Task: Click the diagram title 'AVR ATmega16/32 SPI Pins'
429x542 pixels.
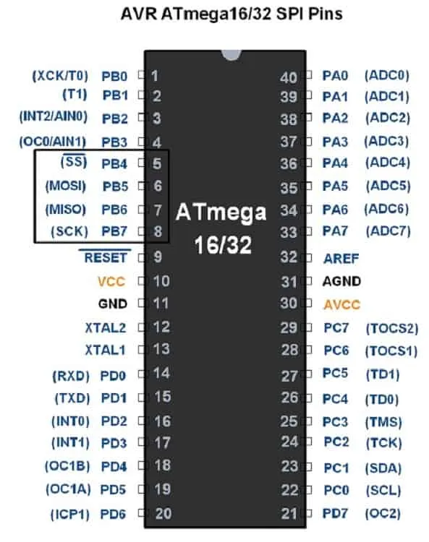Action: [x=232, y=14]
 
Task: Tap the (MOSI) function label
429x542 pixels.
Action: [x=66, y=186]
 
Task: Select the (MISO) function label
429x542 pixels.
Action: [x=66, y=209]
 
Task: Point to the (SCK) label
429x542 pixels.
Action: [x=69, y=231]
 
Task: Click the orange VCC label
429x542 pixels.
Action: [x=111, y=282]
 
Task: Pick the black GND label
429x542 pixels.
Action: [x=113, y=304]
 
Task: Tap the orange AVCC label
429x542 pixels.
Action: [x=341, y=304]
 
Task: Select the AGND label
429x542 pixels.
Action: [x=341, y=281]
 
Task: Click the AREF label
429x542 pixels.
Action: [x=341, y=259]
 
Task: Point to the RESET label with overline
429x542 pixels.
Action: [x=106, y=257]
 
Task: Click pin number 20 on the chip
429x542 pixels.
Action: [x=163, y=514]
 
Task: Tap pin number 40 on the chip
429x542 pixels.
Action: [x=289, y=78]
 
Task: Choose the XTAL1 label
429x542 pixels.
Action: [x=105, y=350]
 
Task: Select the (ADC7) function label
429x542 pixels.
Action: [x=388, y=231]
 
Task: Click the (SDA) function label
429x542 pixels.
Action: [x=383, y=468]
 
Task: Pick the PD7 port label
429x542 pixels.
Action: [x=335, y=513]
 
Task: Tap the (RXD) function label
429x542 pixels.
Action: [x=71, y=376]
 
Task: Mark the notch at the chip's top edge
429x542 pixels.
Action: [x=231, y=56]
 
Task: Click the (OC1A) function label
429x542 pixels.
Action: [x=68, y=489]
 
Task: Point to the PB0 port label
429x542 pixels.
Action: [x=114, y=76]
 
